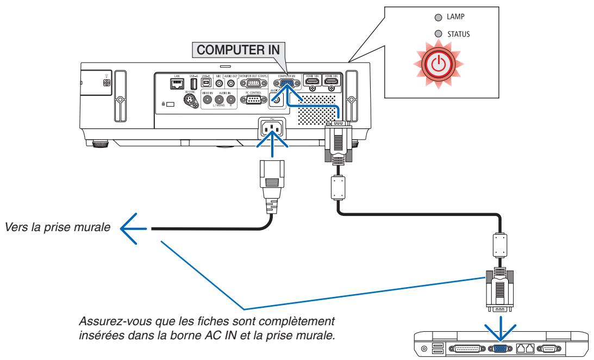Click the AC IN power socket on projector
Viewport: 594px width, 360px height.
click(269, 131)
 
